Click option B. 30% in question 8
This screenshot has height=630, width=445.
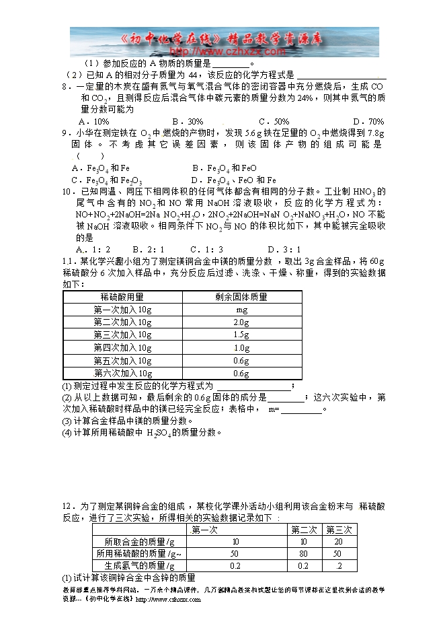click(187, 121)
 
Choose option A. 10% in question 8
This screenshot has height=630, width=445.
click(93, 121)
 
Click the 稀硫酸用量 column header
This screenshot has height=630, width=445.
click(122, 297)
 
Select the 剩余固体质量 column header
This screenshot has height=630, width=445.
click(241, 297)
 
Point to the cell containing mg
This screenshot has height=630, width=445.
click(241, 310)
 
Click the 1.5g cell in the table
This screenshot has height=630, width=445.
click(241, 335)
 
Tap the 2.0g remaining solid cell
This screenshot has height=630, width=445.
click(241, 322)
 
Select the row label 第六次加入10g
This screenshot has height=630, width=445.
click(122, 374)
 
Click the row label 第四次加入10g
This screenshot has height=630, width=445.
click(122, 348)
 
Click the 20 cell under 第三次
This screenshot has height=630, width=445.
click(339, 542)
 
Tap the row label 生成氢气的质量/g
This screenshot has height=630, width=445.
click(135, 566)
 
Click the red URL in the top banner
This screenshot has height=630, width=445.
click(225, 50)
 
